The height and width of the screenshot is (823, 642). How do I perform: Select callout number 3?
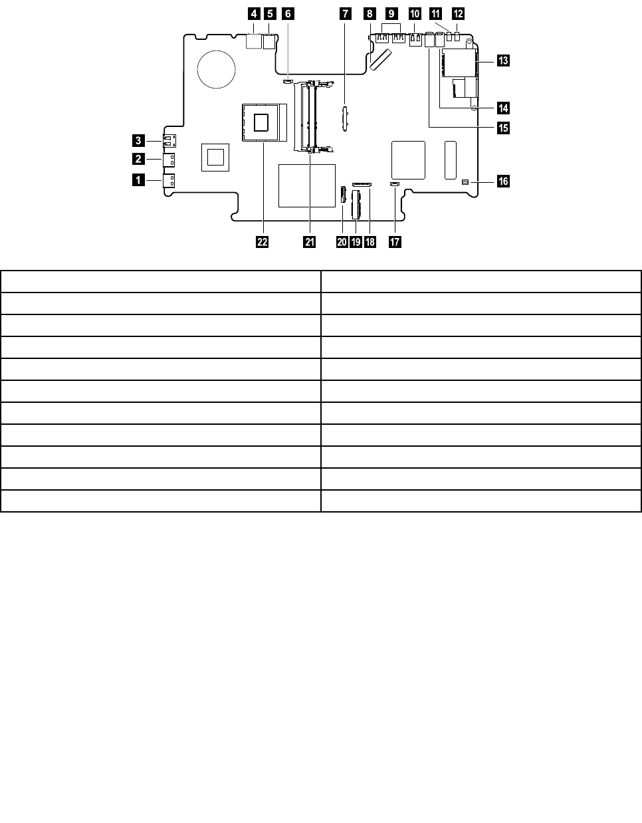(x=138, y=140)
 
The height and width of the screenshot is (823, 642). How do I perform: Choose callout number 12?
(x=459, y=13)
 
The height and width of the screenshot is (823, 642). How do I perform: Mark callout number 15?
(x=502, y=126)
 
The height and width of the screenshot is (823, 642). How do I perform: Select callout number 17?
(x=395, y=242)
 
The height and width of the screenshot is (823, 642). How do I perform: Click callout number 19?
(x=356, y=242)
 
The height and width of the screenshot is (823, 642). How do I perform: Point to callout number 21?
(x=309, y=242)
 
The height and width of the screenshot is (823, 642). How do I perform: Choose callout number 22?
(x=263, y=242)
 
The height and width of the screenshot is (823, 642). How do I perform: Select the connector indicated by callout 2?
(x=167, y=160)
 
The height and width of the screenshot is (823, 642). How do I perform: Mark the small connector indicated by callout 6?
(x=287, y=82)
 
